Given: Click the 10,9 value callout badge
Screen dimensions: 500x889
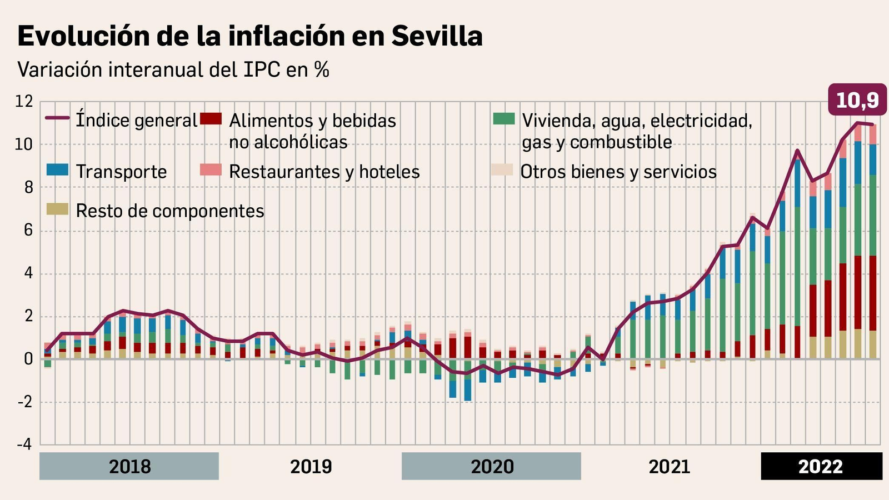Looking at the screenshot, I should pyautogui.click(x=857, y=100).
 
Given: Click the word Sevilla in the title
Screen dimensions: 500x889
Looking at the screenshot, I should pyautogui.click(x=437, y=36).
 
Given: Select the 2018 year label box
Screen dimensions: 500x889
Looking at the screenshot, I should pyautogui.click(x=129, y=466).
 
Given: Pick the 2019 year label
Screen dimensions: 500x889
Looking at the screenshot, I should pyautogui.click(x=311, y=466).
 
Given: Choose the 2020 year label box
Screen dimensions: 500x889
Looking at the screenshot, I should pyautogui.click(x=491, y=466).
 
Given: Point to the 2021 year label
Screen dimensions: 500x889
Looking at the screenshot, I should pyautogui.click(x=669, y=466).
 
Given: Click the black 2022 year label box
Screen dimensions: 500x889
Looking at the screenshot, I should pyautogui.click(x=821, y=466).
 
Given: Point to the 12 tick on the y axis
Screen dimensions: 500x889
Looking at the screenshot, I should pyautogui.click(x=24, y=102).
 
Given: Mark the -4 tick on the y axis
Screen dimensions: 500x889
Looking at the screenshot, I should pyautogui.click(x=24, y=445).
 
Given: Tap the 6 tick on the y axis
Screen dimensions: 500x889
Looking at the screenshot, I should pyautogui.click(x=28, y=231).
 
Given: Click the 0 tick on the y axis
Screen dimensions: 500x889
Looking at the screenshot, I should pyautogui.click(x=28, y=359).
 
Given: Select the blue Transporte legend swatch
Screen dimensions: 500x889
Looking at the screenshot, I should pyautogui.click(x=57, y=170).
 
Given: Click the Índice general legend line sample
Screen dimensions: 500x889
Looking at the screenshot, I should pyautogui.click(x=57, y=118).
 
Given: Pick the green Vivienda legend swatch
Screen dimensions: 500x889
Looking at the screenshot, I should pyautogui.click(x=503, y=118).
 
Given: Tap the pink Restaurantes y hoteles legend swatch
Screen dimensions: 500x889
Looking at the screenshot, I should pyautogui.click(x=211, y=170).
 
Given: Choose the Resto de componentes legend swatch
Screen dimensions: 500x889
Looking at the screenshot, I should pyautogui.click(x=57, y=209).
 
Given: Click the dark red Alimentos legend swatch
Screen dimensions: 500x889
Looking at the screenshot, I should pyautogui.click(x=211, y=118).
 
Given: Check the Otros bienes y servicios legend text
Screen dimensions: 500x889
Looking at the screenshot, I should pyautogui.click(x=618, y=172).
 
